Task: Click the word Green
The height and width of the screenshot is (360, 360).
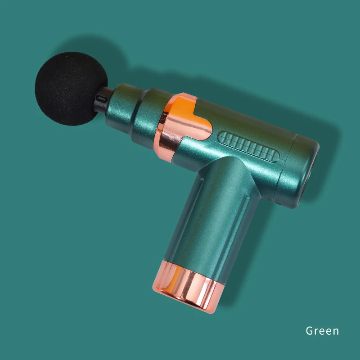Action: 322,331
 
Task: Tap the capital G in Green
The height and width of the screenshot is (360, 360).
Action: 310,331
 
